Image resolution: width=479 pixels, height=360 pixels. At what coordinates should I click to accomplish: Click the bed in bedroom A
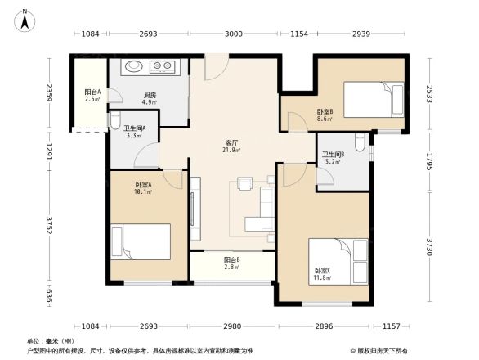point(144,242)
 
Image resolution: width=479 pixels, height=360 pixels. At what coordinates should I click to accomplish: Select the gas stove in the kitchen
point(163,66)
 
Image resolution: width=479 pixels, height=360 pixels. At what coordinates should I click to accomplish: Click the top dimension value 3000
point(234,34)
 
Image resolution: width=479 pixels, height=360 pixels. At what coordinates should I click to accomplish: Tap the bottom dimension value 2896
point(325,326)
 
